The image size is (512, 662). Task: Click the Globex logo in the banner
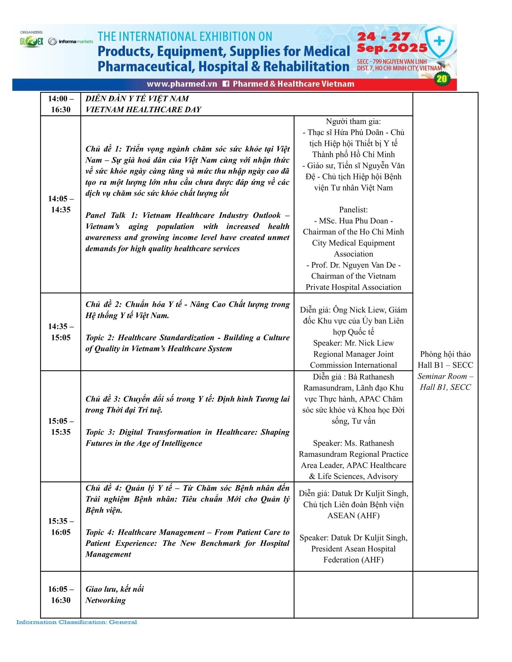coord(32,42)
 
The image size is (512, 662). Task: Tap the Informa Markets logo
coord(71,42)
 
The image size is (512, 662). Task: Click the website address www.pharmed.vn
coord(182,84)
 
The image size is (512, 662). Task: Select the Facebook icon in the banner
coord(226,84)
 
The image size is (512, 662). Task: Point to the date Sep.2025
coord(392,48)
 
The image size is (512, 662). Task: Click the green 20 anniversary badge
coord(441,79)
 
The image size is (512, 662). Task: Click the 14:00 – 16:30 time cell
coord(61,104)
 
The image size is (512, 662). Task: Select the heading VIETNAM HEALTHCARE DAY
coord(143,110)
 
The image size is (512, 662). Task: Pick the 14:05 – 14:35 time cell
coord(61,204)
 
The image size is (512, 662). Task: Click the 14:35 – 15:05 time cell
coord(61,332)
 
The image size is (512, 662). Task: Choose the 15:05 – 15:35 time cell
coord(61,426)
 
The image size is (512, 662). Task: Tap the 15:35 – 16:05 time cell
coord(61,527)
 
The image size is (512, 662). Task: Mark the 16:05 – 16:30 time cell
coord(61,595)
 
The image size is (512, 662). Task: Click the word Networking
coord(105,600)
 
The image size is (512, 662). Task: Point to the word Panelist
coord(353,210)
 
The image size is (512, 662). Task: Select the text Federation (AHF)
coord(353,560)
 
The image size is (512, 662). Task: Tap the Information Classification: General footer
coord(77,622)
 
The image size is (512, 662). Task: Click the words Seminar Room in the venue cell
coord(442,376)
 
